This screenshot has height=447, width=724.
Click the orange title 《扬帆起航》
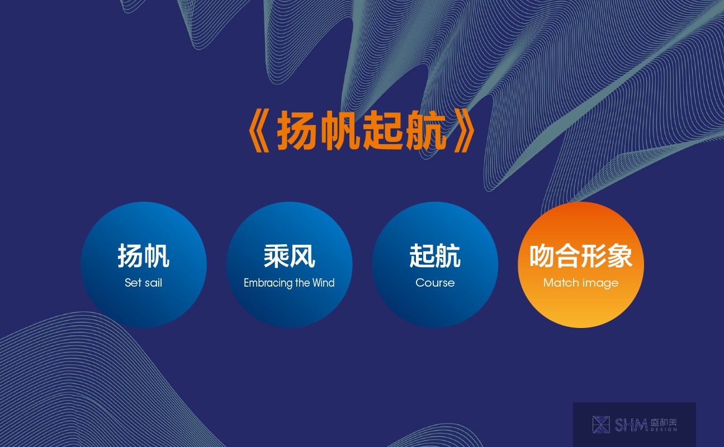362,131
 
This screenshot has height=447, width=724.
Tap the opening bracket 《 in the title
259,131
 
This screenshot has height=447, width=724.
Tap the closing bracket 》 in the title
465,131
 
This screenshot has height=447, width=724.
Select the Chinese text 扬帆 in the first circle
144,256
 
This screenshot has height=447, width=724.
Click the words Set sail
144,283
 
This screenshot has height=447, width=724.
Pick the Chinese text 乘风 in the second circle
289,256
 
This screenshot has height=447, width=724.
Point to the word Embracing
268,283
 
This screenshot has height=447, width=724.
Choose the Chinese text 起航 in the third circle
435,256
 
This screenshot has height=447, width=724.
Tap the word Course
435,283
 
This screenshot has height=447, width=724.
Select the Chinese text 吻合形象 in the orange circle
581,256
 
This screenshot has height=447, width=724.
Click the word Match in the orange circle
561,283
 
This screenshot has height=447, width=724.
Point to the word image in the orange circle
600,284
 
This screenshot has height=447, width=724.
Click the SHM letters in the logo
631,425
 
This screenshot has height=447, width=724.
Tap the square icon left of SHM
601,425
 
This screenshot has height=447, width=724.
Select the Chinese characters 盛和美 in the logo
664,422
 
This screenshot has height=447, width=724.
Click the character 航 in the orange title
426,131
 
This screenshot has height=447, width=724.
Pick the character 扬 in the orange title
296,131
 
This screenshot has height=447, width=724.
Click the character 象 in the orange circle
619,256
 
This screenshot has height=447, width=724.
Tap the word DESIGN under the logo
664,430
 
